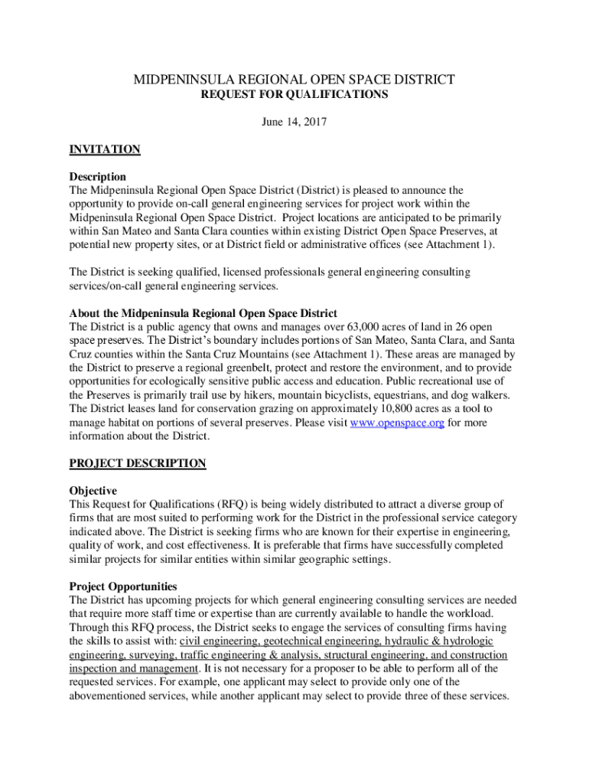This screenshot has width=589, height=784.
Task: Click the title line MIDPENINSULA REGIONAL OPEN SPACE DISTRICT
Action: click(294, 80)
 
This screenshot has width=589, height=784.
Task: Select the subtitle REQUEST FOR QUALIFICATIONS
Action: click(294, 95)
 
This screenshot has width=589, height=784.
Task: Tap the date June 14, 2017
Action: click(294, 122)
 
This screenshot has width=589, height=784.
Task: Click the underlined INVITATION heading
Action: click(105, 149)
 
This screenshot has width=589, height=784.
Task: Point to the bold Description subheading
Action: click(98, 177)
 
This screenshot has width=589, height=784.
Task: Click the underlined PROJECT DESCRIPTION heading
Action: click(138, 463)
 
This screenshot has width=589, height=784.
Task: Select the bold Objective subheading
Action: click(93, 491)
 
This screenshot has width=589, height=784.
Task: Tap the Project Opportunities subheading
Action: click(123, 586)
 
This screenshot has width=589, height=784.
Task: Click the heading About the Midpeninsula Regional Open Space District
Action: click(203, 314)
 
